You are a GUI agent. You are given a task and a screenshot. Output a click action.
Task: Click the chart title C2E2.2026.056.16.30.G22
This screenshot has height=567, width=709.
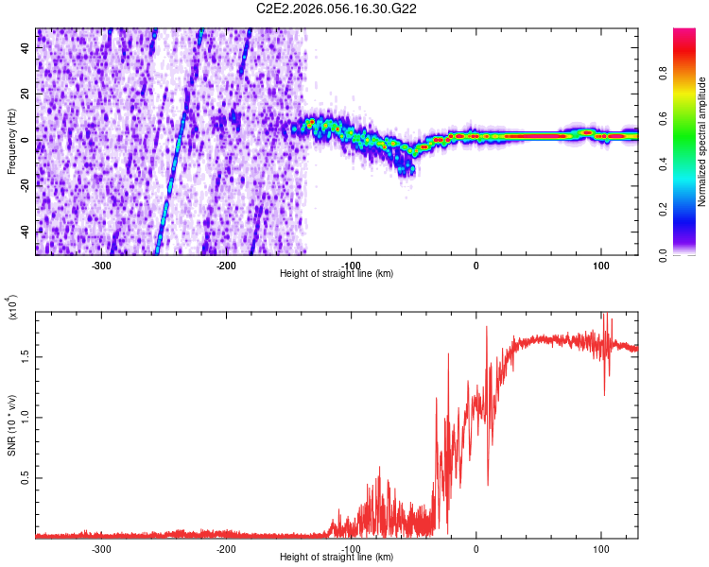(337, 9)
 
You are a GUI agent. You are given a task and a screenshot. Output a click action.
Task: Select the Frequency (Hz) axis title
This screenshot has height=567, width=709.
(12, 141)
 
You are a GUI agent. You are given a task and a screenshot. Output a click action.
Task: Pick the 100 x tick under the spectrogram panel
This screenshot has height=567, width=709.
(601, 265)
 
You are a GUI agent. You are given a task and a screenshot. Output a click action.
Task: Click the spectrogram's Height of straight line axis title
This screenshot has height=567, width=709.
(337, 274)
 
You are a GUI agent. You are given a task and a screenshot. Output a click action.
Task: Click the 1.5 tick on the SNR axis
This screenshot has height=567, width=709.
(26, 356)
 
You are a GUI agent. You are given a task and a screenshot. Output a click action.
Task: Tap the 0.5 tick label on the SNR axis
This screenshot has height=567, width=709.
(26, 479)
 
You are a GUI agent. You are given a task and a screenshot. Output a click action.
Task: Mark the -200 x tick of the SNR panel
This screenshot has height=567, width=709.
(226, 548)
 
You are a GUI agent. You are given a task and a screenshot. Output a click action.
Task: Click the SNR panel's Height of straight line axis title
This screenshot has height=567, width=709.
(337, 558)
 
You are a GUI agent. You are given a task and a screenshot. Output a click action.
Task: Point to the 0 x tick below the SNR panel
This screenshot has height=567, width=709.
(476, 548)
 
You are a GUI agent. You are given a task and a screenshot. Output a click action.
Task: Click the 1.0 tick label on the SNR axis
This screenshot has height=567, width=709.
(26, 418)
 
